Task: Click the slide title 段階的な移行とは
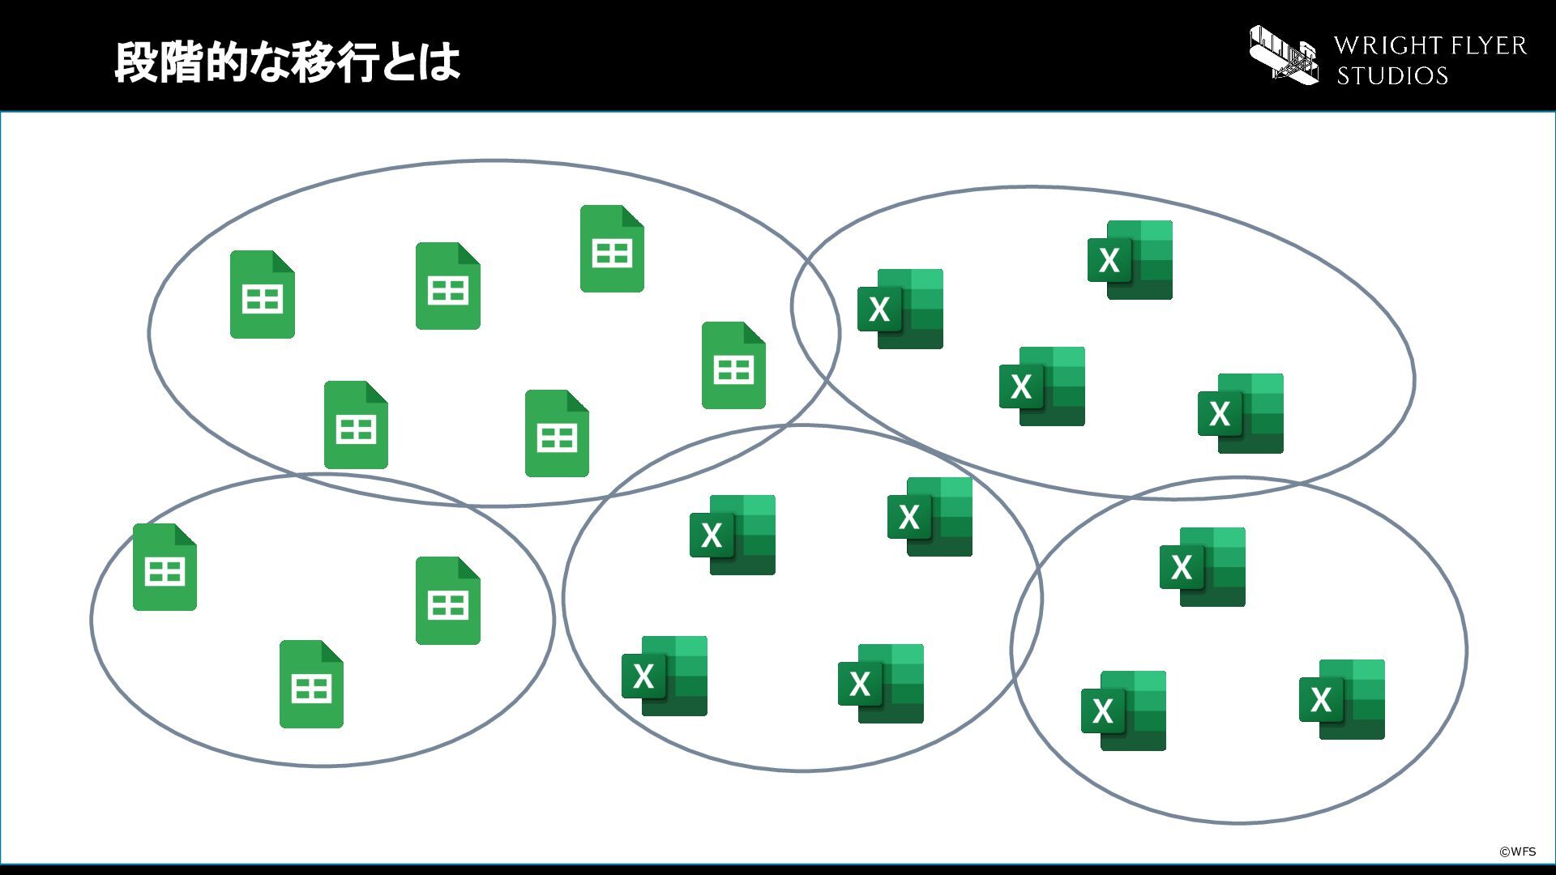(287, 62)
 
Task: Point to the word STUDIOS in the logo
(1392, 75)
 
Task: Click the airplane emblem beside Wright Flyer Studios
(1284, 54)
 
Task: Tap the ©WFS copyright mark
(1517, 852)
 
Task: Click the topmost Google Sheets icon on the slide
(612, 249)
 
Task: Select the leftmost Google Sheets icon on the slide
(165, 567)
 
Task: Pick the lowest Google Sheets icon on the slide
(311, 685)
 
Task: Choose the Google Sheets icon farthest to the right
(733, 365)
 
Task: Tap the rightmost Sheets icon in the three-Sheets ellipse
(448, 600)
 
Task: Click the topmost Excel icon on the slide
(1130, 260)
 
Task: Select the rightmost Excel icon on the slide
(1342, 699)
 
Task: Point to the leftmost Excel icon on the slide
(665, 676)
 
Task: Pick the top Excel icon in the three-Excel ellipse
(1203, 567)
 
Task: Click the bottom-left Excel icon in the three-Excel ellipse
(1123, 711)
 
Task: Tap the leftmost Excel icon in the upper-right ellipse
(900, 309)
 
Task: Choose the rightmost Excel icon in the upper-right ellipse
(1241, 413)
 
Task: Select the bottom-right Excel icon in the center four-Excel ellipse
(881, 684)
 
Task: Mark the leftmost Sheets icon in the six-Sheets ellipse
(263, 294)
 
